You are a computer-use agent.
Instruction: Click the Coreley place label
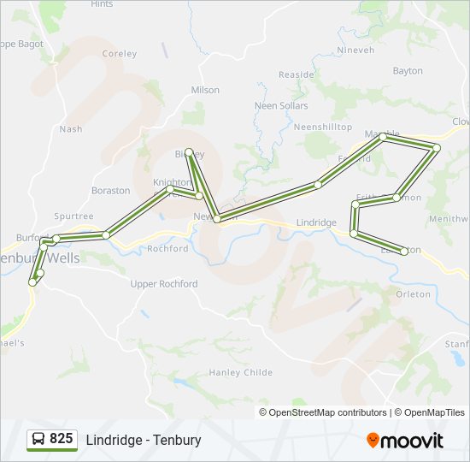119,53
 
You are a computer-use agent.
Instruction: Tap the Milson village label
205,90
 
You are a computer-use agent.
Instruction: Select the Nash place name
71,129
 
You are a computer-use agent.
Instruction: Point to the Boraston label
111,190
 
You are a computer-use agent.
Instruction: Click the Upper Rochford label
164,284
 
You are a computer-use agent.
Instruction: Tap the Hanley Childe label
241,372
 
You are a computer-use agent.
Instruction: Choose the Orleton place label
414,293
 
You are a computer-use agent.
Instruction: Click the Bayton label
408,71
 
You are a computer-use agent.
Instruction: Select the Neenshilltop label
322,127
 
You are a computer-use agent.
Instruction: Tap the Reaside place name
297,74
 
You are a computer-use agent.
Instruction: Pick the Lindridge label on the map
316,222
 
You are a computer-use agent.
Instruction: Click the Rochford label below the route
167,249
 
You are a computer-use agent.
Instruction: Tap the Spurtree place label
73,216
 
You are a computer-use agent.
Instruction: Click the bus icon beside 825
38,439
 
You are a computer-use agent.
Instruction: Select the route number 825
62,438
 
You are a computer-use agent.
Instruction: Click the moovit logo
405,440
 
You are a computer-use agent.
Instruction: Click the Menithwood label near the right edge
449,218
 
